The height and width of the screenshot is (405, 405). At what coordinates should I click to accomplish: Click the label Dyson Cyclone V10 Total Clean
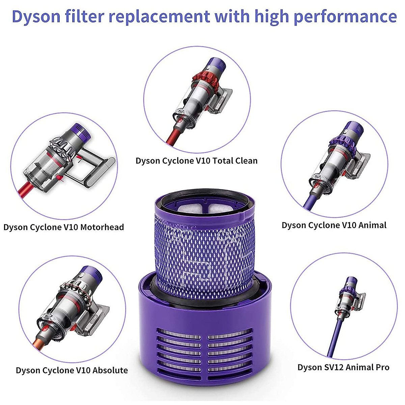[x=196, y=161]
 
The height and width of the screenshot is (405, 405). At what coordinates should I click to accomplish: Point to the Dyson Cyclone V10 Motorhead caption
[x=64, y=227]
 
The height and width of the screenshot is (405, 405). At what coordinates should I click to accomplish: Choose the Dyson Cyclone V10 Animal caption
[x=334, y=225]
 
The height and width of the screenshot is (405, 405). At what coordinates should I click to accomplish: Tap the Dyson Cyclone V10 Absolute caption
[x=72, y=370]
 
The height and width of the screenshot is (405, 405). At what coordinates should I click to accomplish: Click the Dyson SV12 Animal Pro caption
[x=343, y=367]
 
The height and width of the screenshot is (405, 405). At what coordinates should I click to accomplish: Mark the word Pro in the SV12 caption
[x=381, y=367]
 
